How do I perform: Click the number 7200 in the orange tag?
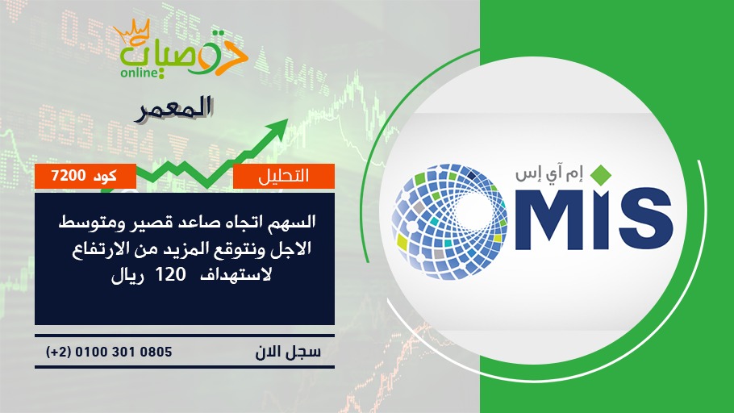69,176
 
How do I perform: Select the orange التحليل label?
284,176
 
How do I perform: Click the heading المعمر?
174,109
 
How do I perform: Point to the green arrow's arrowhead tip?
287,120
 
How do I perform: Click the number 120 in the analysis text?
170,274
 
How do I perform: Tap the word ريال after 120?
127,275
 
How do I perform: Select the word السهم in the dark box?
294,222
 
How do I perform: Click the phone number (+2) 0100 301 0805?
109,352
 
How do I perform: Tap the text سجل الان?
288,353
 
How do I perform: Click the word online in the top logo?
139,73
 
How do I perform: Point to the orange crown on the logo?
132,31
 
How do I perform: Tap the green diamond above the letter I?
601,174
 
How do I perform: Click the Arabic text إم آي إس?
549,174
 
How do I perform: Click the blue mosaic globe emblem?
449,222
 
